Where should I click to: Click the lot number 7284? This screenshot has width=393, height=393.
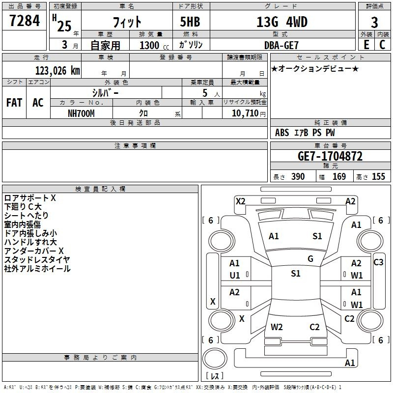pos(25,21)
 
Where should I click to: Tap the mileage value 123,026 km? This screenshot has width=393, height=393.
pos(57,71)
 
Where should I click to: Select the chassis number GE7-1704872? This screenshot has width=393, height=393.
pos(330,156)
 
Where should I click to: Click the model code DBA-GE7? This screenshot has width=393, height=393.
pos(281,45)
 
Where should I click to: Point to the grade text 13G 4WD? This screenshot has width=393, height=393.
pos(282,22)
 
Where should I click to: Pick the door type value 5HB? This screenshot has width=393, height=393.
pos(190,22)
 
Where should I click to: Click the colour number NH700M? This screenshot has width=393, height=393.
pos(81,113)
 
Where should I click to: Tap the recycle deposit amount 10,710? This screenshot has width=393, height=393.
pos(245,113)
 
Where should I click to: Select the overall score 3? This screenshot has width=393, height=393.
pos(374,23)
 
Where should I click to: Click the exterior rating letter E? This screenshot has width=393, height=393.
pos(366,45)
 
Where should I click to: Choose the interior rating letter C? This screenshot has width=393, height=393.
pos(382,45)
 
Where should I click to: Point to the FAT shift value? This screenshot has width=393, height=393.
pos(14,103)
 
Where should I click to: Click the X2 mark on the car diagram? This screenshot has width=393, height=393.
pos(241,201)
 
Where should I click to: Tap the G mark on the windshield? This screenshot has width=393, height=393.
pos(310,259)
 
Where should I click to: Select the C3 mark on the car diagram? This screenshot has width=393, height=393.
pos(378,262)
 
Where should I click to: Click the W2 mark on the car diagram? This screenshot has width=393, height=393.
pos(277,327)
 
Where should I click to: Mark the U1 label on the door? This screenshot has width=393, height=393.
pos(235,276)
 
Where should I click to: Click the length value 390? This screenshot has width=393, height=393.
pos(298,176)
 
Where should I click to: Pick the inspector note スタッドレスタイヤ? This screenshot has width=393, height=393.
pos(37,260)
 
